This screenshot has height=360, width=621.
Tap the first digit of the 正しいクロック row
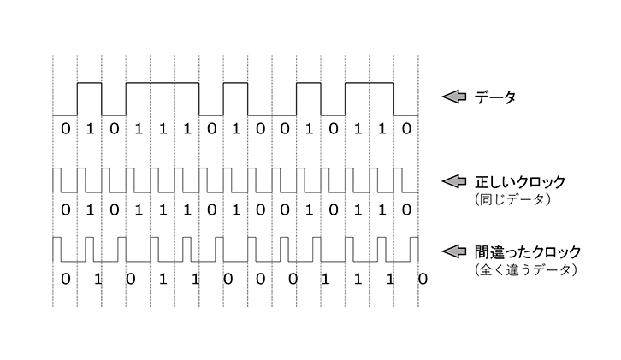[x=65, y=209]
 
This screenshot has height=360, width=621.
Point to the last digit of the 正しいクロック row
[x=406, y=209]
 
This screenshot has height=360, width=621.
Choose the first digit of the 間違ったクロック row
[x=65, y=278]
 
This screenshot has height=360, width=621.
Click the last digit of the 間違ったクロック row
[x=423, y=278]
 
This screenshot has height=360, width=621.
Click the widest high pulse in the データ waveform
[x=163, y=83]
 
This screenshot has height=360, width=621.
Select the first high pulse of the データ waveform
[x=90, y=83]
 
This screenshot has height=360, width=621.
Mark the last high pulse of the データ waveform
[x=370, y=83]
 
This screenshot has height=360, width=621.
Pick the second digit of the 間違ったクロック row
[x=97, y=278]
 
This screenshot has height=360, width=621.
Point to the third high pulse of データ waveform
[x=235, y=83]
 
